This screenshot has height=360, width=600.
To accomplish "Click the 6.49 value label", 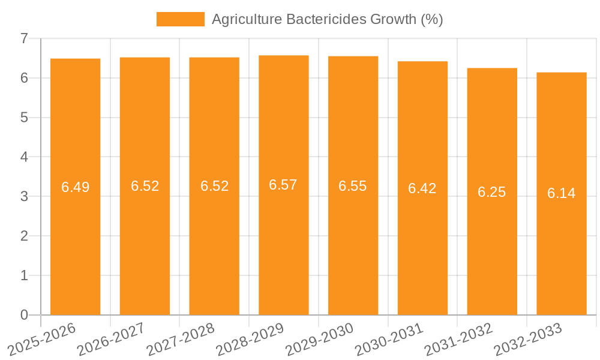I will coord(76,187).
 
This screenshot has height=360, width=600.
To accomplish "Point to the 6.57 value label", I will coord(283,185).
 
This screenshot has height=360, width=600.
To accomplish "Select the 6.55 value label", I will coord(353,186).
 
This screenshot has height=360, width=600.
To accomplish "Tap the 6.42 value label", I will coord(422,188).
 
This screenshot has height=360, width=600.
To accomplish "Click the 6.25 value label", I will coord(492,192).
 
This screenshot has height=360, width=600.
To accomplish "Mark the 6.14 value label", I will coord(562,193).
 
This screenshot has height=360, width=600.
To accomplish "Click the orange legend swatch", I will coord(180,19).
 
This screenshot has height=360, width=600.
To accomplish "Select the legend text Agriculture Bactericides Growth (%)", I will coord(328,19).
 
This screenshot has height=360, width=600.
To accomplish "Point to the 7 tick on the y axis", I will coord(24,38).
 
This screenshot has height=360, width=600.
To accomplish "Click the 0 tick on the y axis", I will coord(24,315).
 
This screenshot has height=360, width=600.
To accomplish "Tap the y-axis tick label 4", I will coord(24,157).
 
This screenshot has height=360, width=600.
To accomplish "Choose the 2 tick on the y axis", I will coord(24,236).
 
